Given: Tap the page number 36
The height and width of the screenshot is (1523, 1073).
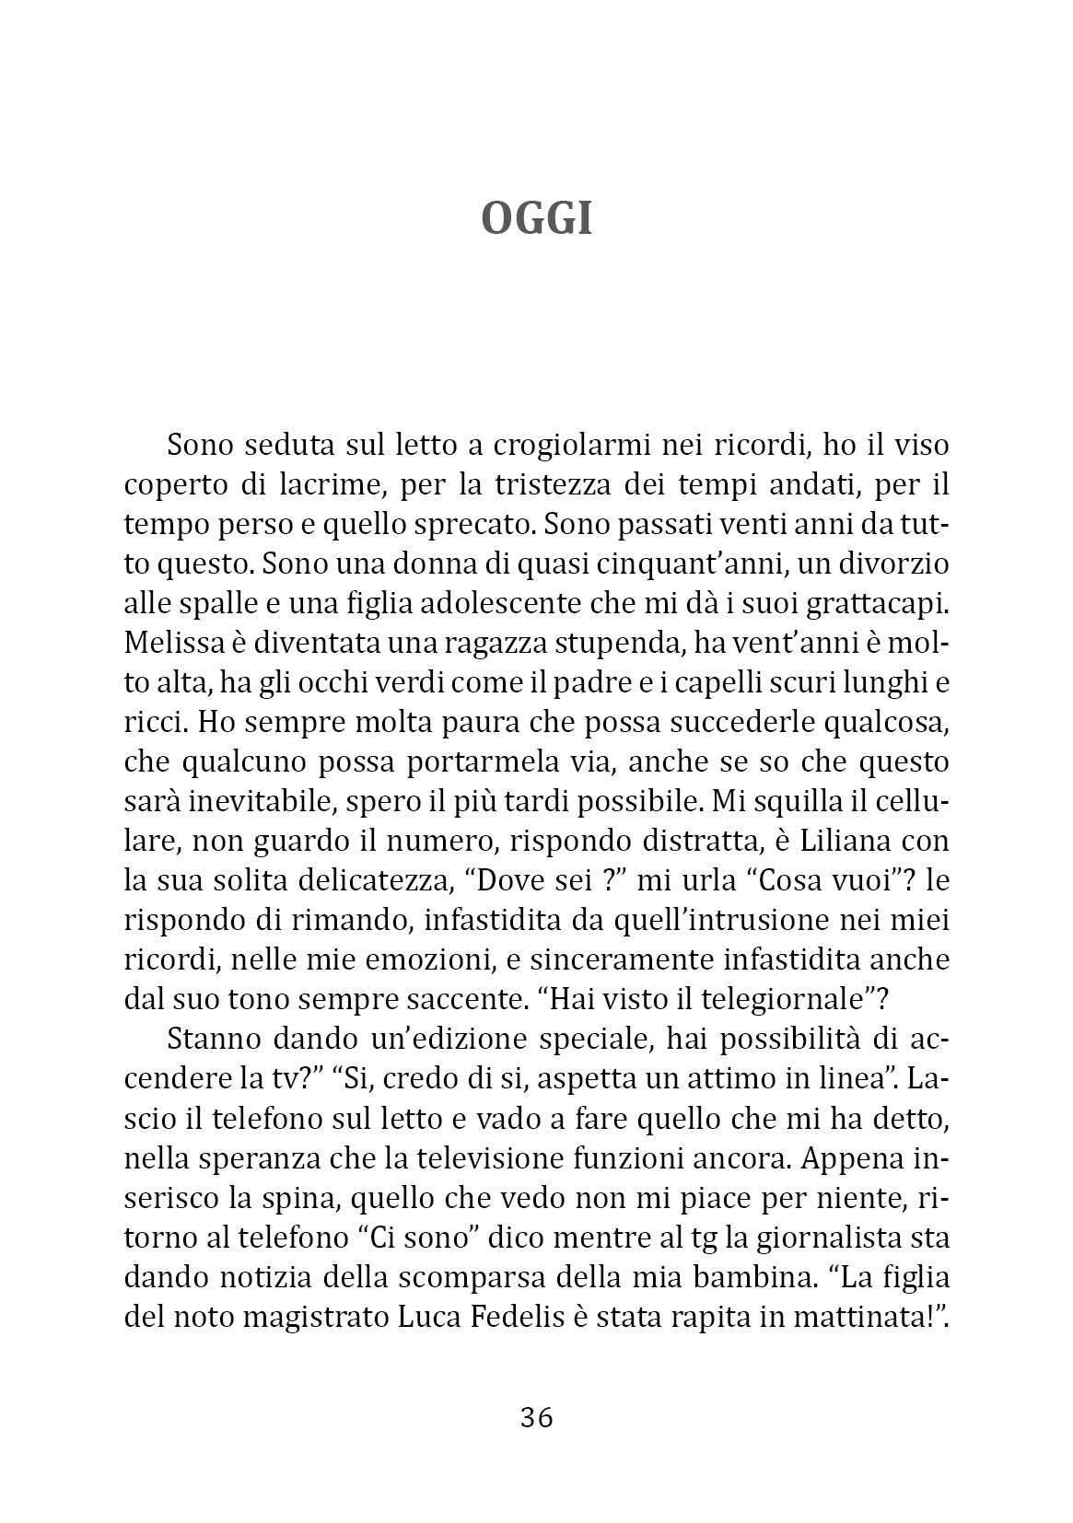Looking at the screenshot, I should (x=536, y=1417).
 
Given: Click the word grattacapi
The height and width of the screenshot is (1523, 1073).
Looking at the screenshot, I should (x=878, y=604).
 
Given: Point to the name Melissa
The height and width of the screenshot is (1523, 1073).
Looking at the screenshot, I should (x=171, y=644).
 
